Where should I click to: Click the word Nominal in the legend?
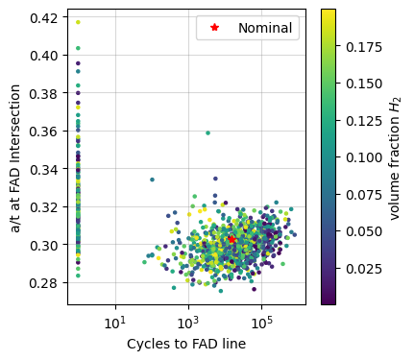coord(266,28)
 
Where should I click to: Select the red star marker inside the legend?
coord(214,28)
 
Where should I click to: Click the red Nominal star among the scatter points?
coord(231,239)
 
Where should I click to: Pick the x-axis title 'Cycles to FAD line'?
coord(186,344)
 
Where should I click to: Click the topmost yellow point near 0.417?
coord(78,22)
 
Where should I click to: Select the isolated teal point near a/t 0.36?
coord(207,132)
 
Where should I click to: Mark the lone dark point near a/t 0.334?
coord(152,180)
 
